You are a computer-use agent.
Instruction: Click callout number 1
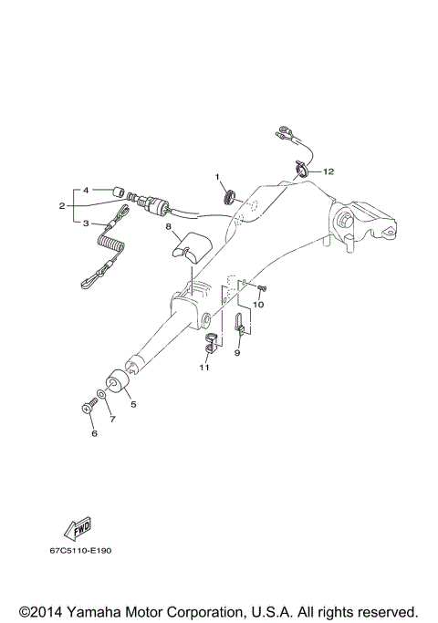(218, 175)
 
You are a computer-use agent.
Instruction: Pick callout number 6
(92, 434)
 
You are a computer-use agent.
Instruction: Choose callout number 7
(112, 420)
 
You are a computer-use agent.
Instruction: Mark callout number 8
(169, 232)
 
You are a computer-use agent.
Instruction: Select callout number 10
(258, 305)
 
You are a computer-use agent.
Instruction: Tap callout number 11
(204, 368)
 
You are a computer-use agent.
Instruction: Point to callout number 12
(328, 171)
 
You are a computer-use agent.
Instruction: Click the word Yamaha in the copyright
(106, 610)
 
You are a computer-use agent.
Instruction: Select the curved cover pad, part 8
(191, 247)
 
